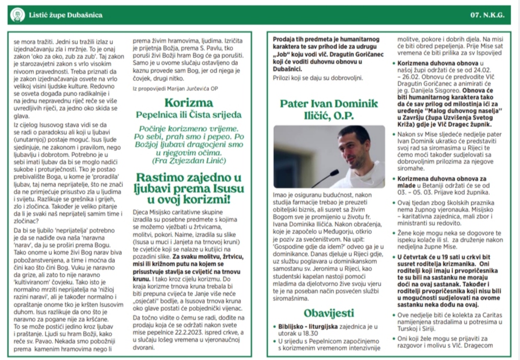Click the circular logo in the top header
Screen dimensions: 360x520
click(x=17, y=15)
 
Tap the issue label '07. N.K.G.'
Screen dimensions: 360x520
click(x=487, y=15)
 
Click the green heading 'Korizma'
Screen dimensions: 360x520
click(x=189, y=102)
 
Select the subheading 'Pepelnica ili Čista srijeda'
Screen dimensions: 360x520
click(x=189, y=114)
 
